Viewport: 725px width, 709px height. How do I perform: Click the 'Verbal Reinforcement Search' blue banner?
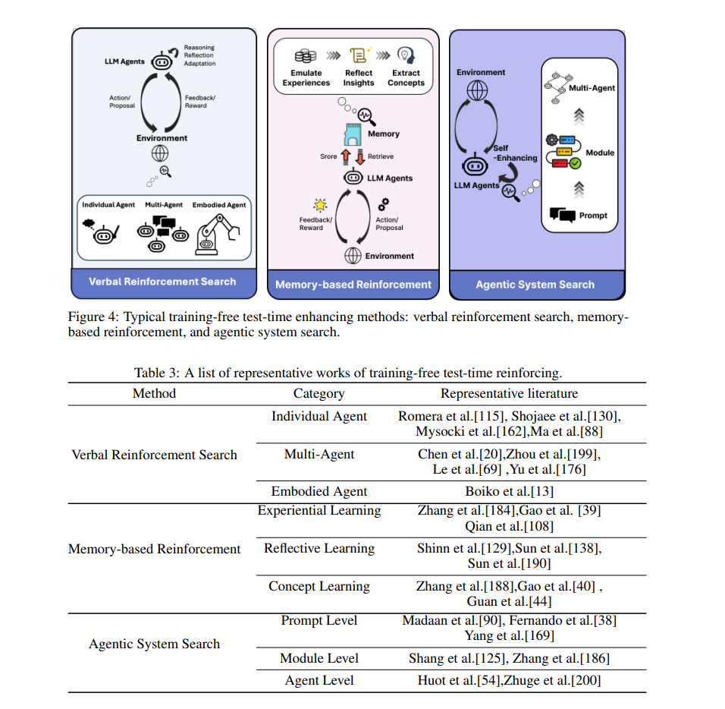162,282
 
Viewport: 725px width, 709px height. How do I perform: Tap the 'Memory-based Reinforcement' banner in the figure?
353,285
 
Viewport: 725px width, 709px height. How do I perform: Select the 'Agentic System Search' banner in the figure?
535,285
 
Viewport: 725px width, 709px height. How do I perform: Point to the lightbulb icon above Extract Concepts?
406,56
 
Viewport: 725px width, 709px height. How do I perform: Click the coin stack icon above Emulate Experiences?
306,56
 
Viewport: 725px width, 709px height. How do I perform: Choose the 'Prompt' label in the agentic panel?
593,216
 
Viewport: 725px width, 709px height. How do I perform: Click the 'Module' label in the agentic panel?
599,153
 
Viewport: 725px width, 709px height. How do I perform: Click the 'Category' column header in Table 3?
319,393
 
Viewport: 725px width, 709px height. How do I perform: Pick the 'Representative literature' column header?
509,393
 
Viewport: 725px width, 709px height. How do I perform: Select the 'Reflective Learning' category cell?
319,548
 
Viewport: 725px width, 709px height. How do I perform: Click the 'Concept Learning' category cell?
319,586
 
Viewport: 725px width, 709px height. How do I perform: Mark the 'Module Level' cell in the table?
319,658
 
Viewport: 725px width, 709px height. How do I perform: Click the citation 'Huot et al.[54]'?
457,680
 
